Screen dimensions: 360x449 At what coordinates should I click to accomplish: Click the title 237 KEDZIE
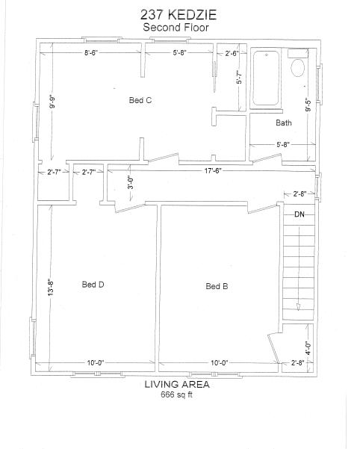179,15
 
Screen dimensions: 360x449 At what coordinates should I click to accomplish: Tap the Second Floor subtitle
176,28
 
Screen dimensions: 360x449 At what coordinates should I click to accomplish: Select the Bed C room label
140,100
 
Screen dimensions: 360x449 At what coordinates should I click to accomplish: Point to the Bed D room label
93,285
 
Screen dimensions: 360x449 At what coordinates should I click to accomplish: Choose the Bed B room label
217,286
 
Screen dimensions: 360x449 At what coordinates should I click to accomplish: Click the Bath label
284,123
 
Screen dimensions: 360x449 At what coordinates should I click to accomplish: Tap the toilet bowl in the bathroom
297,68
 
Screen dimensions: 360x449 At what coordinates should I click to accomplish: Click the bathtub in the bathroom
266,78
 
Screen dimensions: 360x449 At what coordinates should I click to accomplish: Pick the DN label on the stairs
300,214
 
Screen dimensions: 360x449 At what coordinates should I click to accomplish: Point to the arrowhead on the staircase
298,307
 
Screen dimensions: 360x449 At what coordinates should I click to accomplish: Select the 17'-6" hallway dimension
213,171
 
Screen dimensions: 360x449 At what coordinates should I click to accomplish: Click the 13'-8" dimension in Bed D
51,288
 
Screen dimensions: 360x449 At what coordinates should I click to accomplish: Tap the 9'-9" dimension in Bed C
52,102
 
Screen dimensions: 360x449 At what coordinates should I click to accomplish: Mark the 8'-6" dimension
91,53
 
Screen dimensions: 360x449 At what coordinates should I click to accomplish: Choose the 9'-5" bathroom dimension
308,105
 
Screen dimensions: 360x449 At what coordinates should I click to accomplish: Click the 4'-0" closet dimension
308,348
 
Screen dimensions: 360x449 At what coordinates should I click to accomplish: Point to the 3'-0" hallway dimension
131,182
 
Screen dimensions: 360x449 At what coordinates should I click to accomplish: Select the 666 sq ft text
176,394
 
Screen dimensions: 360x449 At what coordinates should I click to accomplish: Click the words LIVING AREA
177,384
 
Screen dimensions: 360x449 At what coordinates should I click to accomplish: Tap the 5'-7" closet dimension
239,77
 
